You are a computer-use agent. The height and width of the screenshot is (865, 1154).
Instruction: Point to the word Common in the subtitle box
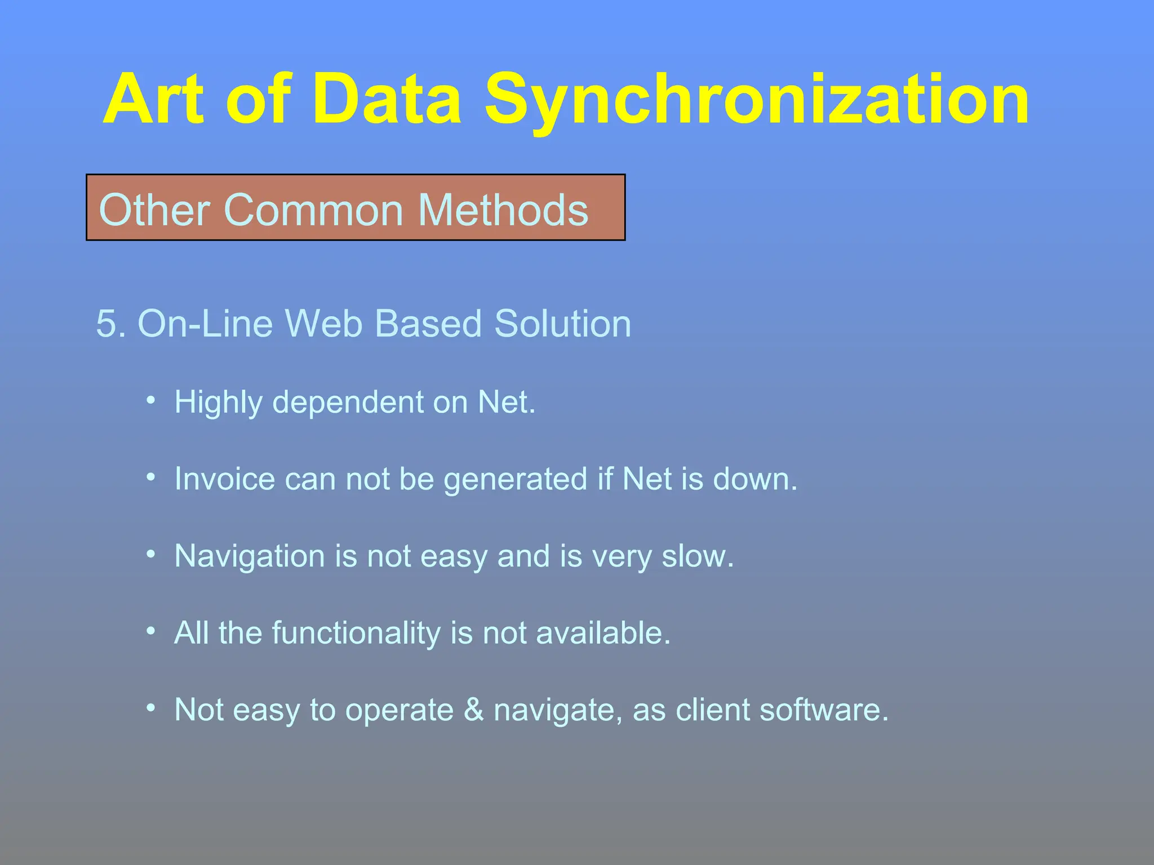click(314, 210)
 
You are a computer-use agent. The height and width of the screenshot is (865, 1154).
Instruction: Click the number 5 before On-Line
click(107, 324)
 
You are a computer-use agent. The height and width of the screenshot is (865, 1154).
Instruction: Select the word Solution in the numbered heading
click(562, 324)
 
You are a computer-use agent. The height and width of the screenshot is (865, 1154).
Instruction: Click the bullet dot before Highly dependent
click(150, 400)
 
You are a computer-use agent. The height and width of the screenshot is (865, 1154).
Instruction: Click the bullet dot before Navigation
click(150, 554)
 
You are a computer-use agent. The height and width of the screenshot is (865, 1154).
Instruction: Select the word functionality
click(356, 633)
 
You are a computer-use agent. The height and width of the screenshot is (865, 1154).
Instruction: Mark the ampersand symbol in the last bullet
click(474, 710)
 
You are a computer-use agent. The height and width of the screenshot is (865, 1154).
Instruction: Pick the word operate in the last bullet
click(400, 711)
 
